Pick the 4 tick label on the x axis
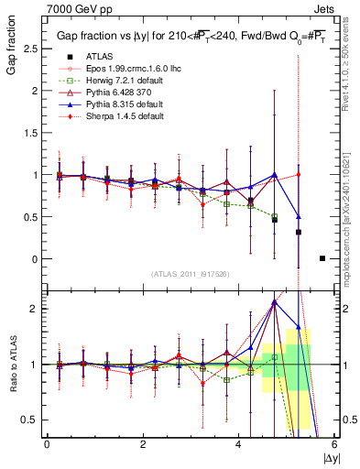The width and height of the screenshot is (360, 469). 239,444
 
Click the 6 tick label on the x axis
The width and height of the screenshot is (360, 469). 334,444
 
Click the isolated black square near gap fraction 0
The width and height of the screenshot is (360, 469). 322,258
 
